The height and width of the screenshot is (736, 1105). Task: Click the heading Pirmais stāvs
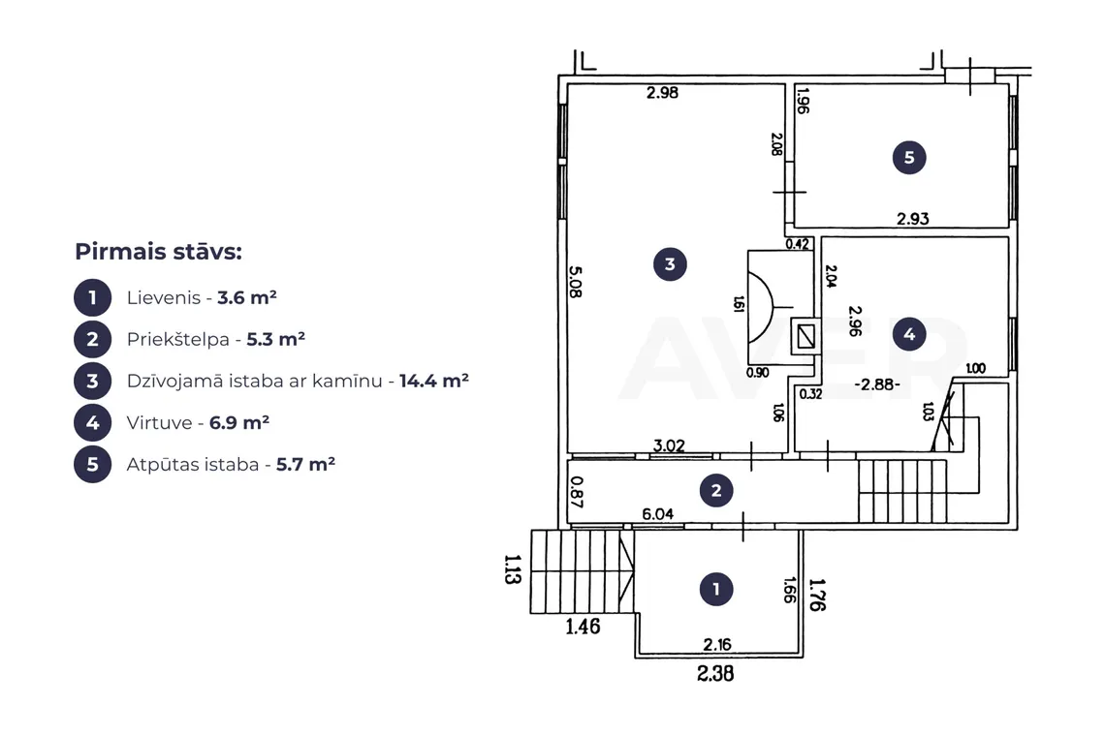[159, 252]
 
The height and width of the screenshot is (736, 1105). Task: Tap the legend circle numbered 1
[92, 298]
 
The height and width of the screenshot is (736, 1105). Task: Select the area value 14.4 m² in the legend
[434, 381]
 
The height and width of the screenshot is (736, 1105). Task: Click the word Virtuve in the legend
[159, 422]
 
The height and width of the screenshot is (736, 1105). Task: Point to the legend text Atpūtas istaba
[193, 465]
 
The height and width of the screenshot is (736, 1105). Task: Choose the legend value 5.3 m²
[275, 340]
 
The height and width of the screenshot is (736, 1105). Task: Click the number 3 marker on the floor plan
[670, 264]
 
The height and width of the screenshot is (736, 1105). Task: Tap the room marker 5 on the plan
[909, 157]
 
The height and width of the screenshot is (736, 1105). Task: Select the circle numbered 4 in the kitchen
[909, 334]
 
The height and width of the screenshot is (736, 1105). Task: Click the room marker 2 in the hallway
[716, 490]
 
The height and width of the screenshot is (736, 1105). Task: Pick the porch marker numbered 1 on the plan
[716, 589]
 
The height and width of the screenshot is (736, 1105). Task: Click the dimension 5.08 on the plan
[576, 281]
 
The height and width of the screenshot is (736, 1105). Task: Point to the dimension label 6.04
[657, 514]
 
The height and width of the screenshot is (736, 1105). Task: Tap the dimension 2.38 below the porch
[715, 673]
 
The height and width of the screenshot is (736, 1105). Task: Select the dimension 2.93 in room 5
[913, 219]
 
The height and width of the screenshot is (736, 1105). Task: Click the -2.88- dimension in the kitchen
[876, 384]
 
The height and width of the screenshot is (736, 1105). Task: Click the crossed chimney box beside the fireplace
[806, 337]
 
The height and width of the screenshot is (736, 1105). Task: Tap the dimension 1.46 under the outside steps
[583, 627]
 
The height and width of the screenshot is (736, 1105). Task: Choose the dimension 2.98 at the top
[662, 92]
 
